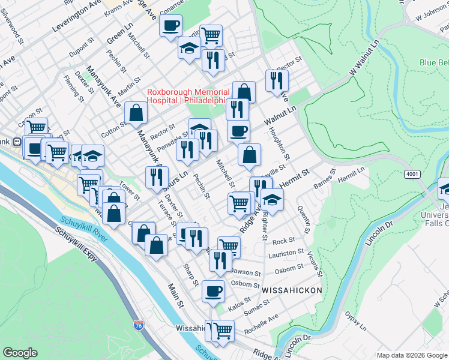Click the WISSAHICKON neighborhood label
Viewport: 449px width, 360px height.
[292, 290]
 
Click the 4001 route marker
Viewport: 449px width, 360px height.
[412, 173]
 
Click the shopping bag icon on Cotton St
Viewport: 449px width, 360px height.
[136, 112]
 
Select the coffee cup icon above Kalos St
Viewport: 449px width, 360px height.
[213, 292]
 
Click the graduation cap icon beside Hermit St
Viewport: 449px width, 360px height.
[272, 200]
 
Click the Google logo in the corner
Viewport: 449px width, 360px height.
[20, 353]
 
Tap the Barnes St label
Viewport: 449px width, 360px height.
[322, 178]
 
